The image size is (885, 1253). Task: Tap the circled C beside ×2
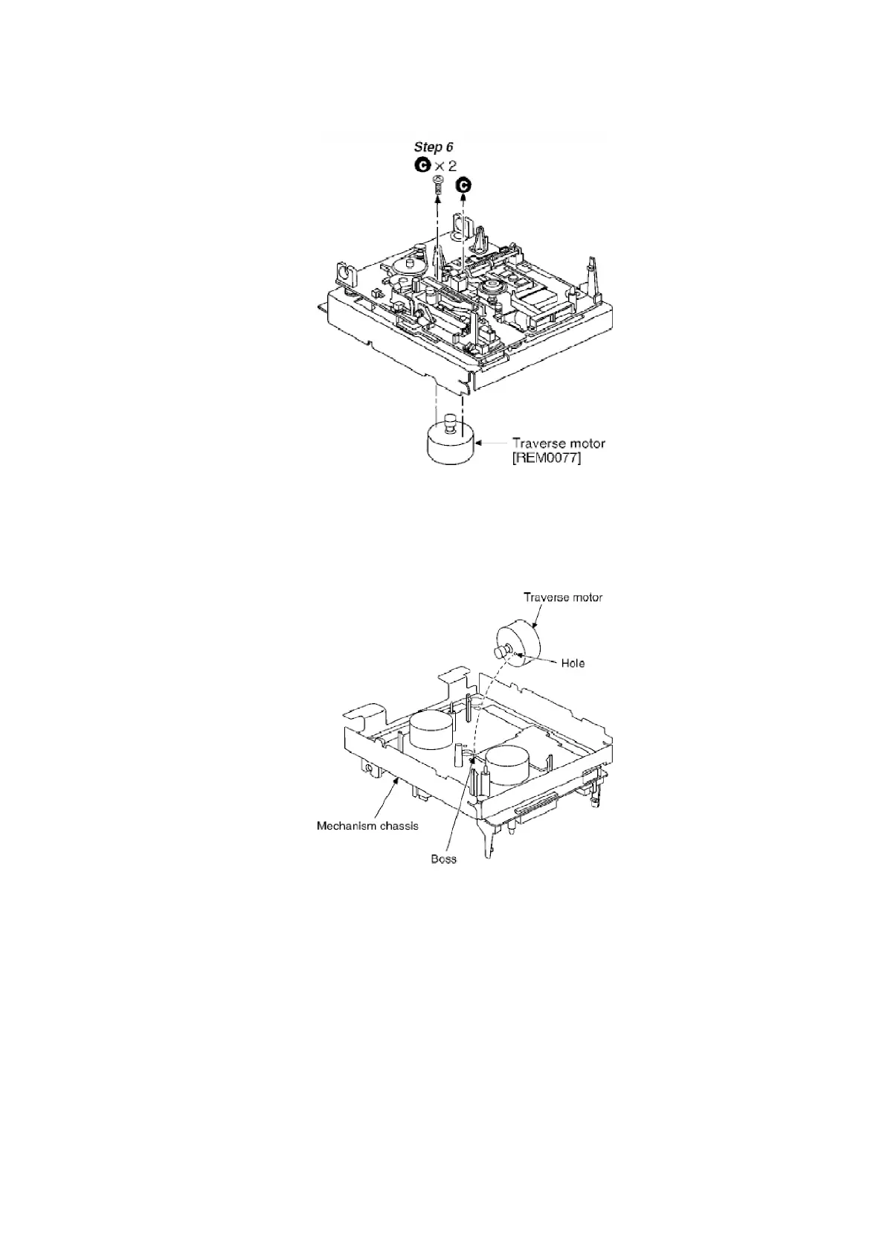click(x=422, y=166)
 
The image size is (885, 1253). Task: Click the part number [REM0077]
click(x=547, y=458)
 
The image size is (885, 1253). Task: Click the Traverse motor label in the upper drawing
click(x=558, y=443)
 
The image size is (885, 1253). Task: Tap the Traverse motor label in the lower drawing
click(x=563, y=597)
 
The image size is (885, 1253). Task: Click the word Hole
click(x=573, y=663)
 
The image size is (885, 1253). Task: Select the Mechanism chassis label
click(x=367, y=825)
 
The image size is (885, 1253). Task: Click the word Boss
click(x=444, y=859)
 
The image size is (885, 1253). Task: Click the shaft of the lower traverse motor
click(x=501, y=652)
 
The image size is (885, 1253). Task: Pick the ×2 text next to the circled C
click(x=445, y=166)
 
